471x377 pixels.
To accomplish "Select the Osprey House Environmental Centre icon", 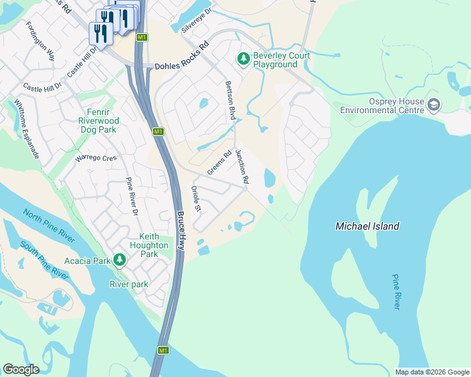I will (433, 105).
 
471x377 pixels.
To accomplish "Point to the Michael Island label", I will (367, 226).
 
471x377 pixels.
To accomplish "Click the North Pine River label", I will (48, 222).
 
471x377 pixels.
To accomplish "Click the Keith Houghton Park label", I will (149, 245).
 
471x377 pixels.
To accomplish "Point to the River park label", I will (129, 284).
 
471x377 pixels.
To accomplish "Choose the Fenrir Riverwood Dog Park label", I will (98, 121).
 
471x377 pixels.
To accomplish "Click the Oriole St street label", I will (196, 199).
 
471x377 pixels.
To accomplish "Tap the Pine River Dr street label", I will (131, 197).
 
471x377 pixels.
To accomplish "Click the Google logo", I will (21, 369).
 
